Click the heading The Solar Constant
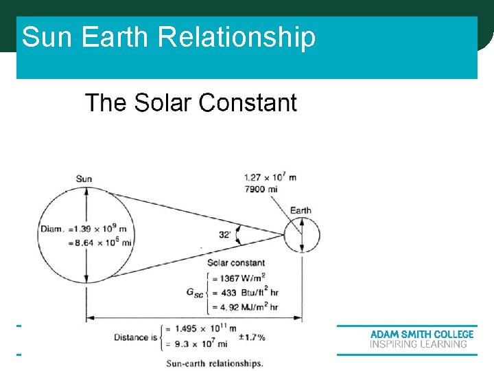click(x=191, y=103)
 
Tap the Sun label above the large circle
click(x=84, y=179)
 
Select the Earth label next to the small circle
click(x=301, y=210)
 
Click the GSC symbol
click(x=195, y=292)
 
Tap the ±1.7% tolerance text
click(x=251, y=337)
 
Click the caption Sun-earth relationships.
click(x=215, y=363)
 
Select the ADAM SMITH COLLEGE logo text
click(x=422, y=335)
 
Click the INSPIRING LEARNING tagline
click(x=419, y=344)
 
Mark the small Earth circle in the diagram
click(x=301, y=235)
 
